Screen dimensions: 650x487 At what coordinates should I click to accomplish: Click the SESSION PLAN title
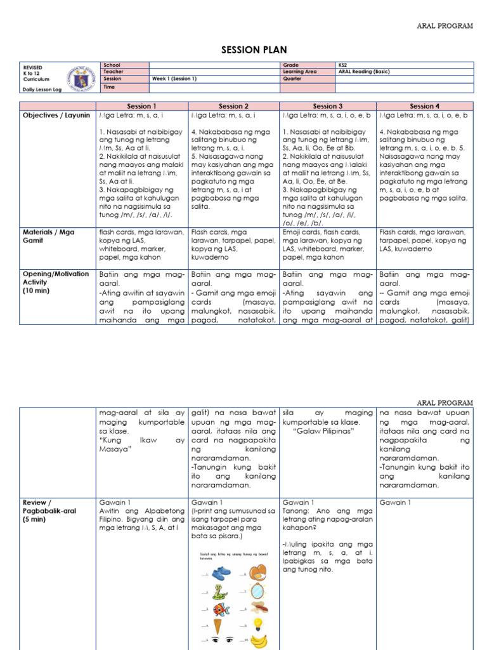(243, 50)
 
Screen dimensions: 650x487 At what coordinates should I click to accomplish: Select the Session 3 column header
(327, 106)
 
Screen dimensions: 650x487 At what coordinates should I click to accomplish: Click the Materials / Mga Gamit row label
(48, 236)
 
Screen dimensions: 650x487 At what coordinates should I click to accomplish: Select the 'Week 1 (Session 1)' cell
(174, 79)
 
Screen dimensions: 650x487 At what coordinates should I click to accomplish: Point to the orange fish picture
(221, 609)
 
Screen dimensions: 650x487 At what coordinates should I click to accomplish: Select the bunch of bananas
(258, 641)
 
